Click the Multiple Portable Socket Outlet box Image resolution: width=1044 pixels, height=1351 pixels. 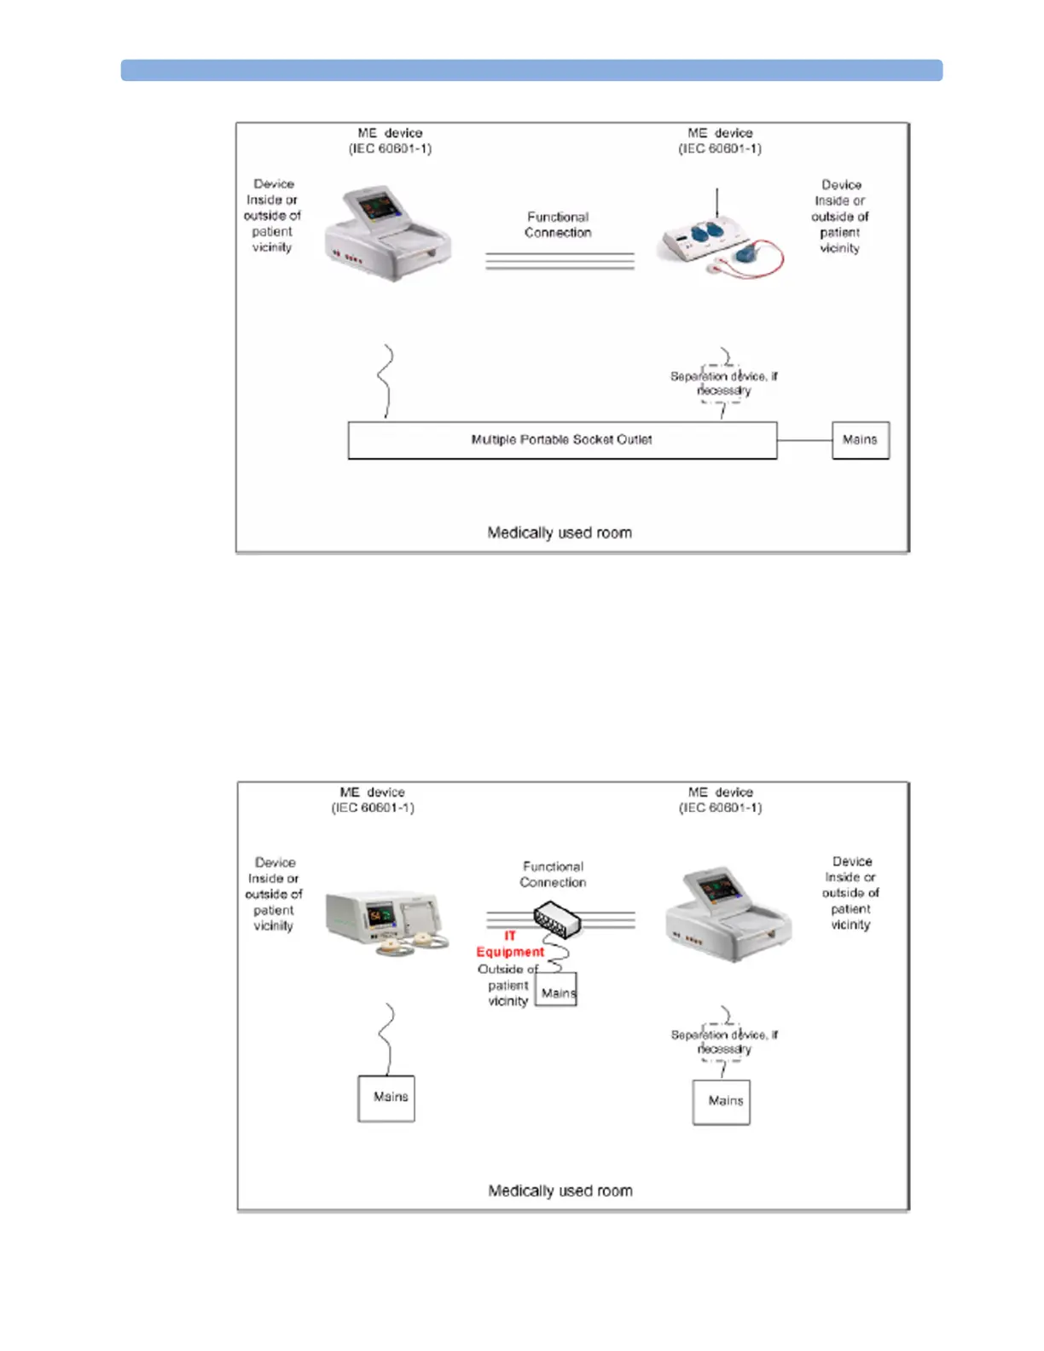[x=561, y=440]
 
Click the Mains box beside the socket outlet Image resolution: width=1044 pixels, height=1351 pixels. [x=860, y=440]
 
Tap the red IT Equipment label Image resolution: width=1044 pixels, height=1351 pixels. [x=509, y=944]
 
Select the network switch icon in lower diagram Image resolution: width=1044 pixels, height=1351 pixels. [x=556, y=920]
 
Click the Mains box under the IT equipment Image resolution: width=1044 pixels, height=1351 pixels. [x=556, y=991]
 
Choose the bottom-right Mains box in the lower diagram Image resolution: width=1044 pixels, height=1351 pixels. [x=722, y=1101]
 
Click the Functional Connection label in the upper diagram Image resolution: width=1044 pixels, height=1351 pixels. [x=558, y=225]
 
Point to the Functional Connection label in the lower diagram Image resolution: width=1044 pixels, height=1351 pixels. [x=553, y=874]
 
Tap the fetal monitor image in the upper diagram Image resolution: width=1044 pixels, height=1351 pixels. [x=388, y=233]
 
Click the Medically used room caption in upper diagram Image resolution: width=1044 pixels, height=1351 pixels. [x=560, y=533]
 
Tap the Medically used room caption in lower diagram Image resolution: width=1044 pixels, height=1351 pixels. [x=560, y=1191]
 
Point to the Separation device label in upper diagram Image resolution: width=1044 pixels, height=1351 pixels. [x=723, y=383]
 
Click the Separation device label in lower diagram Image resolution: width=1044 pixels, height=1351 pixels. [x=723, y=1041]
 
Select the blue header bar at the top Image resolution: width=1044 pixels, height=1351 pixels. [x=531, y=70]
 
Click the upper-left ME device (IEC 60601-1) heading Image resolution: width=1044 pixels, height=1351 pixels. [x=390, y=141]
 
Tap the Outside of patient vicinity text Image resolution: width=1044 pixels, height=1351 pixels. [x=507, y=985]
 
